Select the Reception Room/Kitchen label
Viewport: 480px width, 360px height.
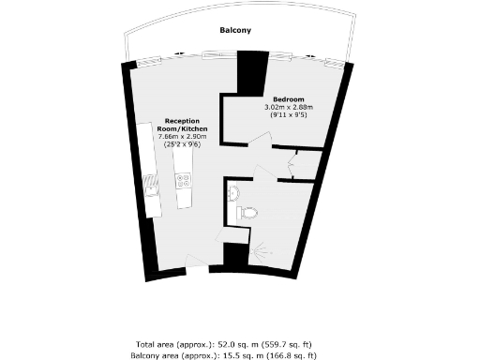pos(186,125)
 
